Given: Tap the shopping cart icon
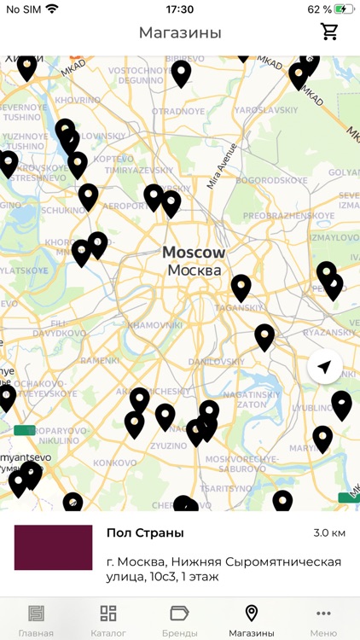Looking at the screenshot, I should [x=329, y=32].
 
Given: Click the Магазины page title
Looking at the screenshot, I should [x=180, y=33].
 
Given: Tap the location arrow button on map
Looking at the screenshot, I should [x=324, y=367].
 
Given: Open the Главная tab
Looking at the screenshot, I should [x=36, y=620].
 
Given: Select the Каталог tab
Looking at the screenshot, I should [x=108, y=620].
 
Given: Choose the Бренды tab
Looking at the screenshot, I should [x=179, y=620].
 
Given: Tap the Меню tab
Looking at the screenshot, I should [x=323, y=620].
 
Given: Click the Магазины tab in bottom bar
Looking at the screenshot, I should [x=251, y=620].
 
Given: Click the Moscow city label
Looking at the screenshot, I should [x=194, y=253].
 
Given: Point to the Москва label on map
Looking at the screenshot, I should [x=194, y=271].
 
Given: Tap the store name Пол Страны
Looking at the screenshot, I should [x=145, y=533].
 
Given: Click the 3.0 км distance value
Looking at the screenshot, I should [x=328, y=533].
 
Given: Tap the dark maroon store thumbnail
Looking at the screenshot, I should [x=53, y=548].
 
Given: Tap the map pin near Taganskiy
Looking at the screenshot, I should [x=241, y=287].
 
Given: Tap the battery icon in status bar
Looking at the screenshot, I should [x=344, y=9].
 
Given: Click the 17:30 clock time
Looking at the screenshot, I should [x=179, y=9].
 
